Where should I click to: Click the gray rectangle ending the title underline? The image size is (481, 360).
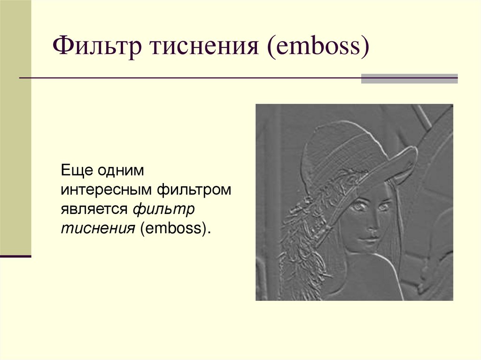(x=409, y=78)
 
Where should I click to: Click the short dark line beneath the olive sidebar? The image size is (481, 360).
(x=16, y=256)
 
